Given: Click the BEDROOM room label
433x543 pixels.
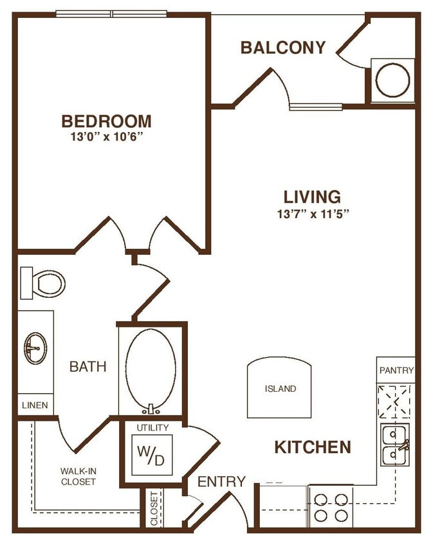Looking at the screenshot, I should (x=107, y=121).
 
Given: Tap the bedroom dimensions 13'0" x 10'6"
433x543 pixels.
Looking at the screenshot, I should (x=107, y=137).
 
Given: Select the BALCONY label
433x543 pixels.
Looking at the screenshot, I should (x=283, y=48).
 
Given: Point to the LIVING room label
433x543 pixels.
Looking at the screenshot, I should (x=312, y=196).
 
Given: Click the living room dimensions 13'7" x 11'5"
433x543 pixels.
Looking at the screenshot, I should (x=312, y=214).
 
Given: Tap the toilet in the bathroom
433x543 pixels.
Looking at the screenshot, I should (x=44, y=282).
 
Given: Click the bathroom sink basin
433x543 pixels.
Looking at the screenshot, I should (x=35, y=349).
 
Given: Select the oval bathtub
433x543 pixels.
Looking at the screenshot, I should (x=151, y=370).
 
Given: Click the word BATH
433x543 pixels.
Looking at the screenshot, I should (x=88, y=367).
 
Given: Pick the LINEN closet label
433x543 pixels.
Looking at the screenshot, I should (x=35, y=405).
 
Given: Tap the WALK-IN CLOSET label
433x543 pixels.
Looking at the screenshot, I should (x=78, y=476).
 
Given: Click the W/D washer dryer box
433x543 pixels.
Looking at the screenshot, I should (x=152, y=456).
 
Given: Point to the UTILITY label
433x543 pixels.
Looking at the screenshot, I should (x=152, y=427).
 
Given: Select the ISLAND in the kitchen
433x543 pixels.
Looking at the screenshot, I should (x=281, y=389).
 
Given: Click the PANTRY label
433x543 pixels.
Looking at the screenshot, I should (x=396, y=371).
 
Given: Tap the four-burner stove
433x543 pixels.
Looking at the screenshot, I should (x=331, y=506).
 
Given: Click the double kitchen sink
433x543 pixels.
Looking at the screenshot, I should (x=394, y=445).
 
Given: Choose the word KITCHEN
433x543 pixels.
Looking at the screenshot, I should (x=313, y=447).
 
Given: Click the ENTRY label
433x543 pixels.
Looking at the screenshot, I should (x=221, y=481).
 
